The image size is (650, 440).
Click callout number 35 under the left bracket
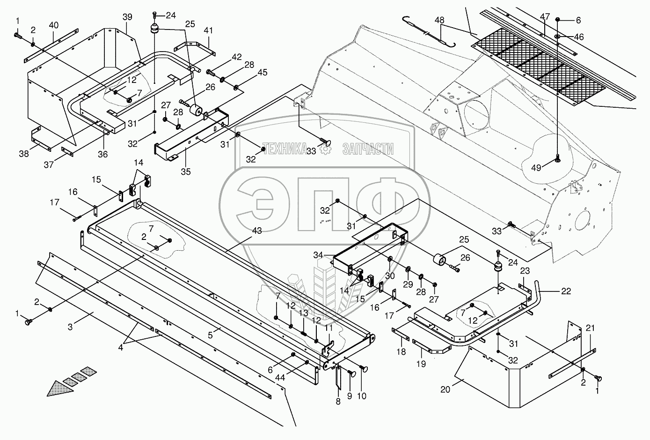(x=186, y=172)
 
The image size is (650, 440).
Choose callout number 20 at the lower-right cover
(x=445, y=389)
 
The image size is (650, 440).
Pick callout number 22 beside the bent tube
(x=566, y=291)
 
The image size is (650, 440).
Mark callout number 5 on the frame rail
(x=211, y=335)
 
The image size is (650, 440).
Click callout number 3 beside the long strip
(x=70, y=327)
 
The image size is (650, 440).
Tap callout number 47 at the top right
(x=545, y=16)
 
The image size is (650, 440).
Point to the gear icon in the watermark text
(x=325, y=149)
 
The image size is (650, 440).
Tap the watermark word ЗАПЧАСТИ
(x=368, y=149)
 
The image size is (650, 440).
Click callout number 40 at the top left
(x=54, y=24)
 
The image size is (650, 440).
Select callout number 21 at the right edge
(x=590, y=328)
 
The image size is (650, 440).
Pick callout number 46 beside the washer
(x=579, y=37)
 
